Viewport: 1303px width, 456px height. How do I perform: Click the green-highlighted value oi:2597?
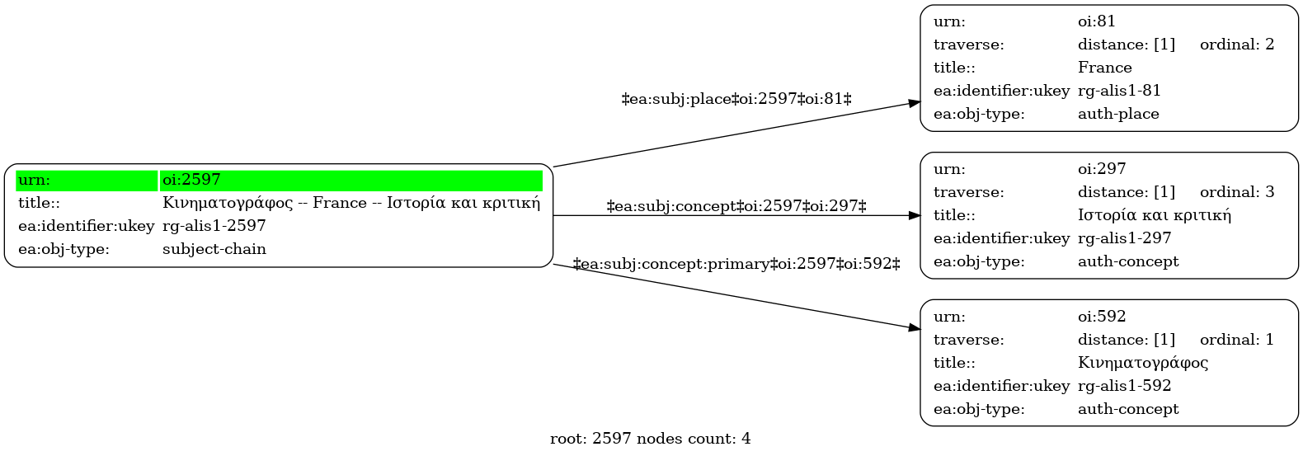tap(191, 180)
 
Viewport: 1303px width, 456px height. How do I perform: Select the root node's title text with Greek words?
tap(351, 203)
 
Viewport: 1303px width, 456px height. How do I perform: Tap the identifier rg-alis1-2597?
tap(214, 226)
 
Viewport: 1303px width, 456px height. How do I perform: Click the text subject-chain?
tap(214, 249)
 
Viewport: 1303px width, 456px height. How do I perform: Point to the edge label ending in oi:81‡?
tap(736, 99)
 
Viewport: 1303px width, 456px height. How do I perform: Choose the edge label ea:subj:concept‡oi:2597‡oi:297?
tap(736, 206)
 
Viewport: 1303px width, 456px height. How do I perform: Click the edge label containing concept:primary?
tap(736, 264)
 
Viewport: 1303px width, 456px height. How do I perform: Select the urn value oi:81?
tap(1097, 21)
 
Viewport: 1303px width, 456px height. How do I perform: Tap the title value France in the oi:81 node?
tap(1104, 68)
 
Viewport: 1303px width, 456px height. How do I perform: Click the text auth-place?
tap(1118, 114)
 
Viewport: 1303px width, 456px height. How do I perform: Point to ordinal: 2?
tap(1237, 45)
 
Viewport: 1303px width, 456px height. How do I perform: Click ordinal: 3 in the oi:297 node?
tap(1237, 192)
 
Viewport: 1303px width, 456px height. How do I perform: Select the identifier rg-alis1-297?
tap(1124, 238)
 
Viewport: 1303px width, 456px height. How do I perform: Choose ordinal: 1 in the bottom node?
tap(1237, 340)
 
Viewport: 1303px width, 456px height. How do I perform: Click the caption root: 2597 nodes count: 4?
tap(651, 439)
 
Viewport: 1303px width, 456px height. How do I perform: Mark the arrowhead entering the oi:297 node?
tap(915, 216)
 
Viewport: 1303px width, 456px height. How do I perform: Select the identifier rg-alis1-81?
tap(1119, 91)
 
